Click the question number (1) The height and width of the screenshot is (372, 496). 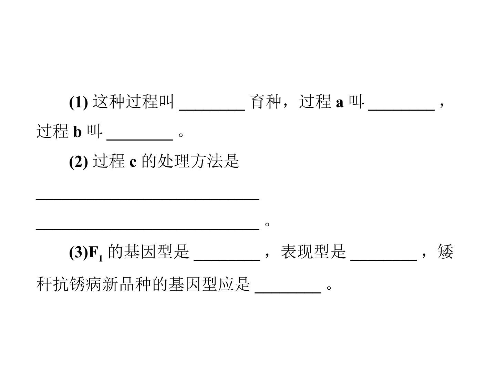(x=79, y=102)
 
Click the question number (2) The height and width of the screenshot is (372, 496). (x=79, y=162)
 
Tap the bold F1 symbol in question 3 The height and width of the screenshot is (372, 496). (x=96, y=253)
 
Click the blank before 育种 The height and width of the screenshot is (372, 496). (x=212, y=110)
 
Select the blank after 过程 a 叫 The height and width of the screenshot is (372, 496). (x=401, y=110)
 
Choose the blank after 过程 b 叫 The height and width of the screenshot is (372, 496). (x=139, y=140)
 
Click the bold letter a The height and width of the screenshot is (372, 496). (x=339, y=103)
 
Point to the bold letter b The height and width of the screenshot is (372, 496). (x=77, y=132)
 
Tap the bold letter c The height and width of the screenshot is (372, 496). (x=133, y=163)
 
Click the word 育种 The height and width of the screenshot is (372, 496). (x=266, y=102)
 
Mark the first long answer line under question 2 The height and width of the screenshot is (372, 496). (x=147, y=199)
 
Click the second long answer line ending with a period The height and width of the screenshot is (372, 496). (x=147, y=229)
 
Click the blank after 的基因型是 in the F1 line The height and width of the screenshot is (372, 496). (x=227, y=260)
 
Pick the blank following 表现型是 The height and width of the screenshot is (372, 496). (x=383, y=260)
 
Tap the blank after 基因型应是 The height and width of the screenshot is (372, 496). (x=288, y=293)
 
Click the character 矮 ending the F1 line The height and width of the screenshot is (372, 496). (x=445, y=251)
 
